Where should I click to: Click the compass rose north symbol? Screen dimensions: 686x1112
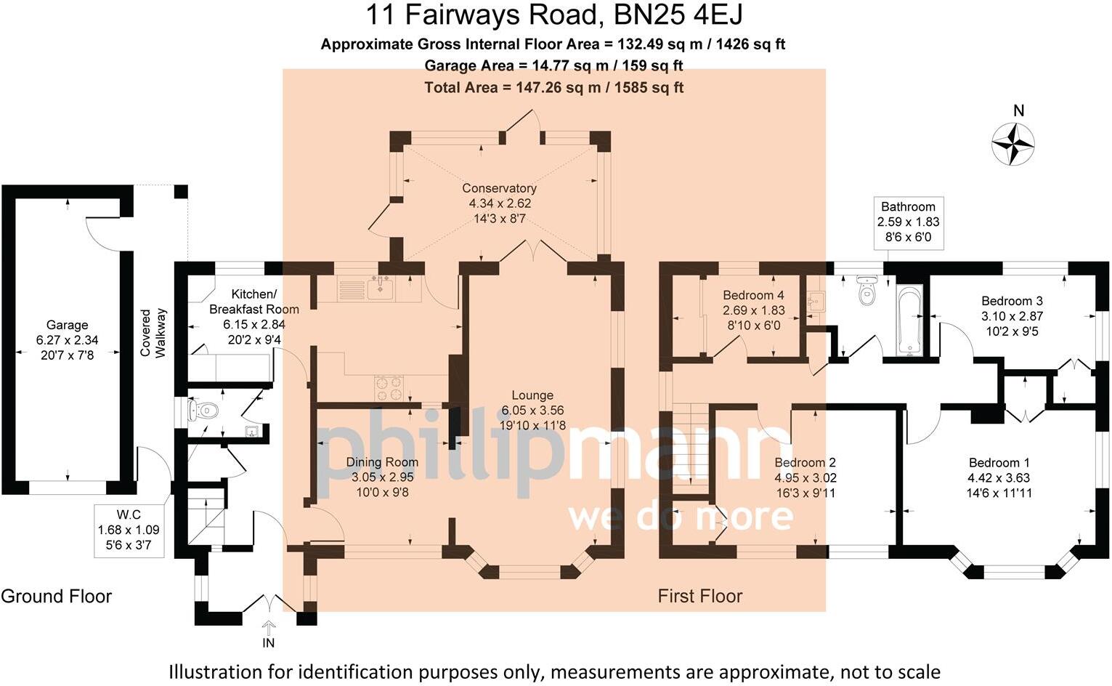click(1013, 142)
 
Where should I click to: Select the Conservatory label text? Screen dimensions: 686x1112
click(499, 188)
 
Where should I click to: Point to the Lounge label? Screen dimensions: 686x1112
click(532, 395)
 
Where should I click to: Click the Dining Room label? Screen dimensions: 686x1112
click(382, 462)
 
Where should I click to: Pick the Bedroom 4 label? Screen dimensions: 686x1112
click(753, 295)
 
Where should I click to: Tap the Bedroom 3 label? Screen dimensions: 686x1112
click(1012, 301)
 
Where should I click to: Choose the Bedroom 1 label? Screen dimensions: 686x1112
click(999, 463)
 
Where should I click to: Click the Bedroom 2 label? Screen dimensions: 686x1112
click(805, 463)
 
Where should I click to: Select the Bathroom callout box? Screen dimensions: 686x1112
click(908, 222)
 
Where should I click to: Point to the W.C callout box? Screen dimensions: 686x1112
click(129, 530)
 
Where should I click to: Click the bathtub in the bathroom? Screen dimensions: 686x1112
click(909, 320)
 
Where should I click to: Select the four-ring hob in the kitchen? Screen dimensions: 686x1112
click(389, 387)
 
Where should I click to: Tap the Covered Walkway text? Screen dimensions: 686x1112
click(153, 333)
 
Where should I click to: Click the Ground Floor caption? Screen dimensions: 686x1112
click(57, 597)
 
